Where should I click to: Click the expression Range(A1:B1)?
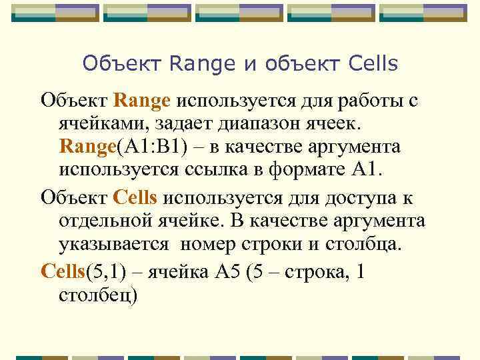tap(121, 146)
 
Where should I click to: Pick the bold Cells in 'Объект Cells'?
tap(135, 198)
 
